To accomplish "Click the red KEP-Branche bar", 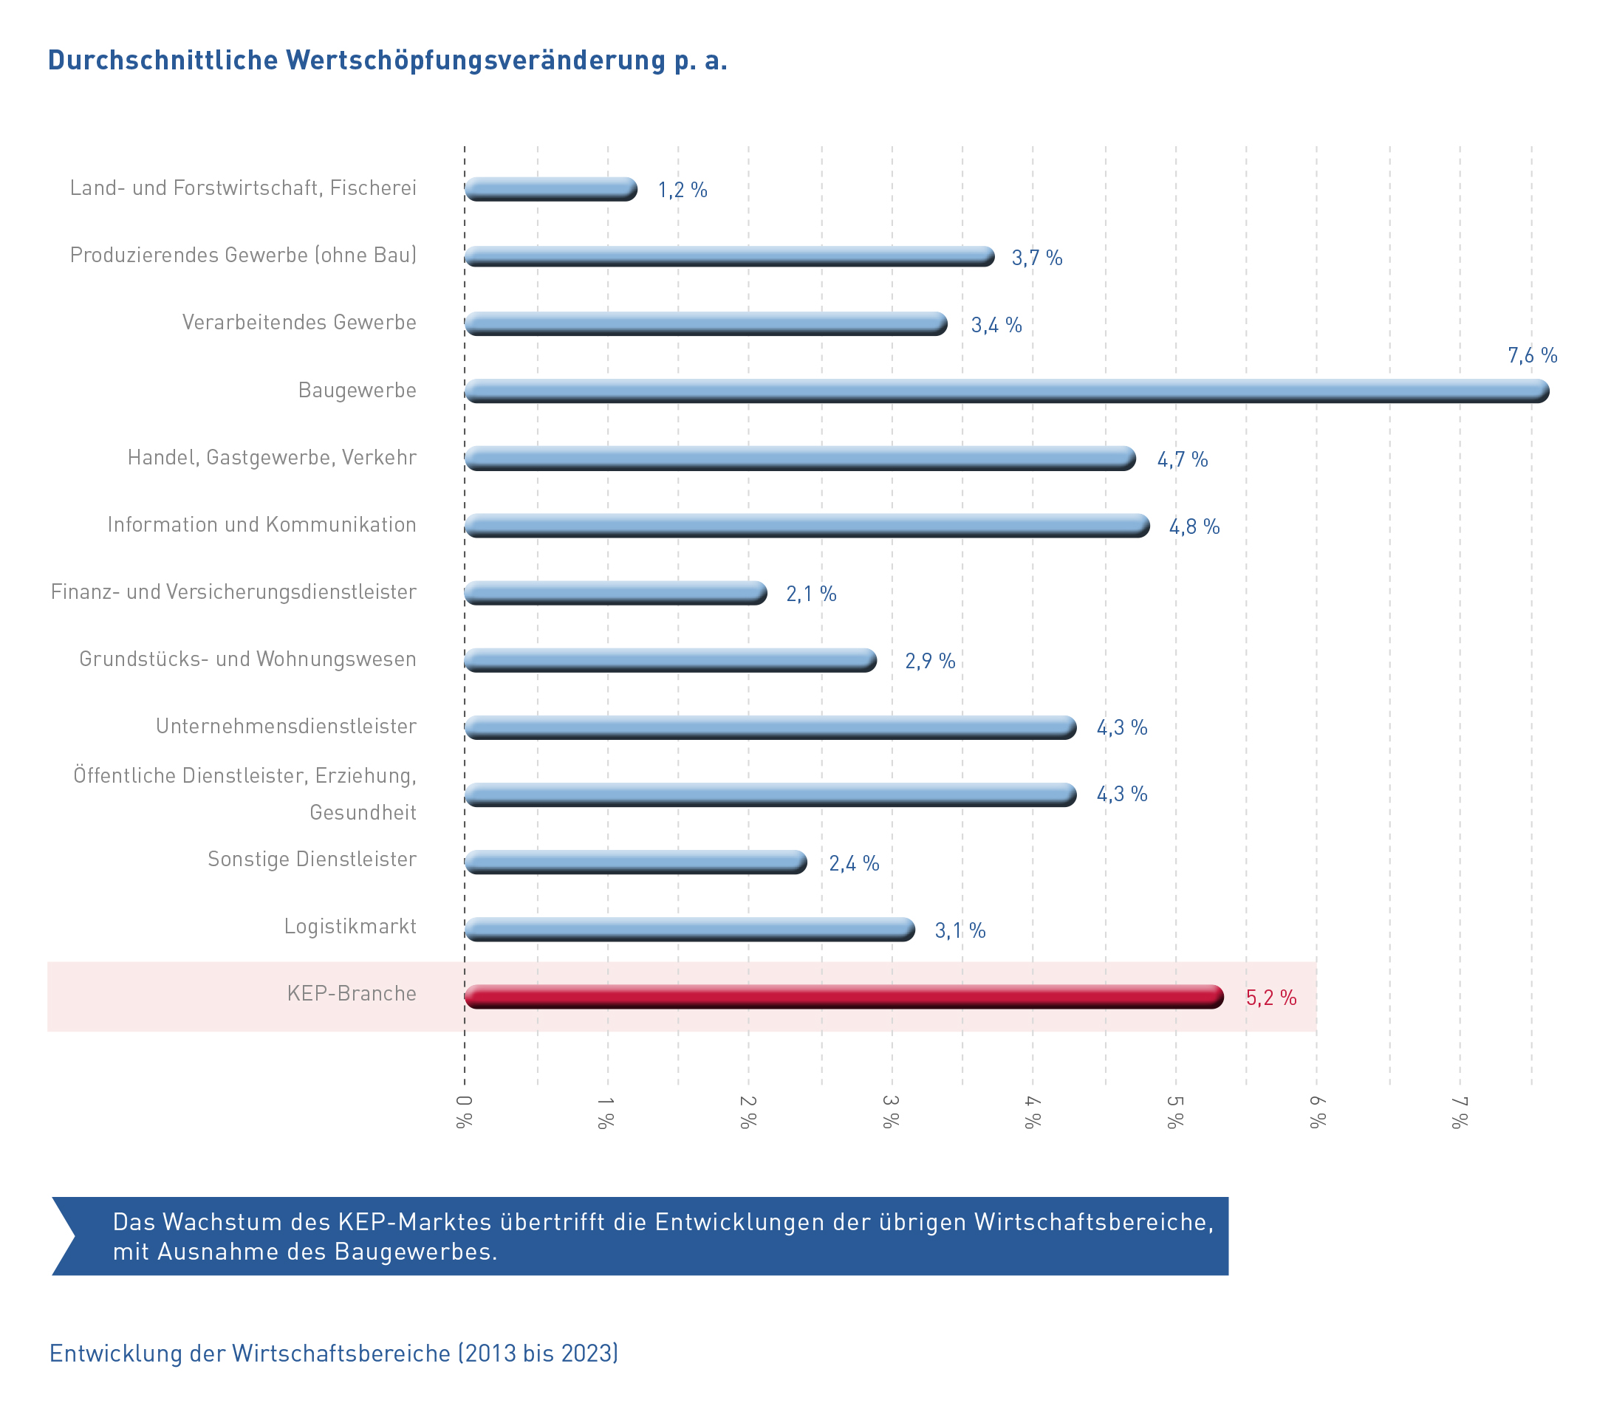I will (x=844, y=996).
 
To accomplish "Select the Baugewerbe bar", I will (x=1006, y=391).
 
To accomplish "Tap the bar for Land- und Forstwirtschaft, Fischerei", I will (x=550, y=189).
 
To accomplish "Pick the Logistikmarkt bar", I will (x=690, y=929).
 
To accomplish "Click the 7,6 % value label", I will (x=1531, y=355).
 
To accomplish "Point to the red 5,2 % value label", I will (x=1270, y=998).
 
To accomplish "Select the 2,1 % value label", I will (x=810, y=594).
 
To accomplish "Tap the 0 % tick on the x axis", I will (x=464, y=1112).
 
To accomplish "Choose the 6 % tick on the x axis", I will (x=1316, y=1112).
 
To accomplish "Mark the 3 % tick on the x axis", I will (x=891, y=1112).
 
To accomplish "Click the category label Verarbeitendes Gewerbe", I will (x=298, y=323).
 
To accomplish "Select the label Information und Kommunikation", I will (x=261, y=525).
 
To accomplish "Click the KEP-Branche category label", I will (x=352, y=993).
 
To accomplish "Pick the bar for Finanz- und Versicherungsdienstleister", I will (x=615, y=593).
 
